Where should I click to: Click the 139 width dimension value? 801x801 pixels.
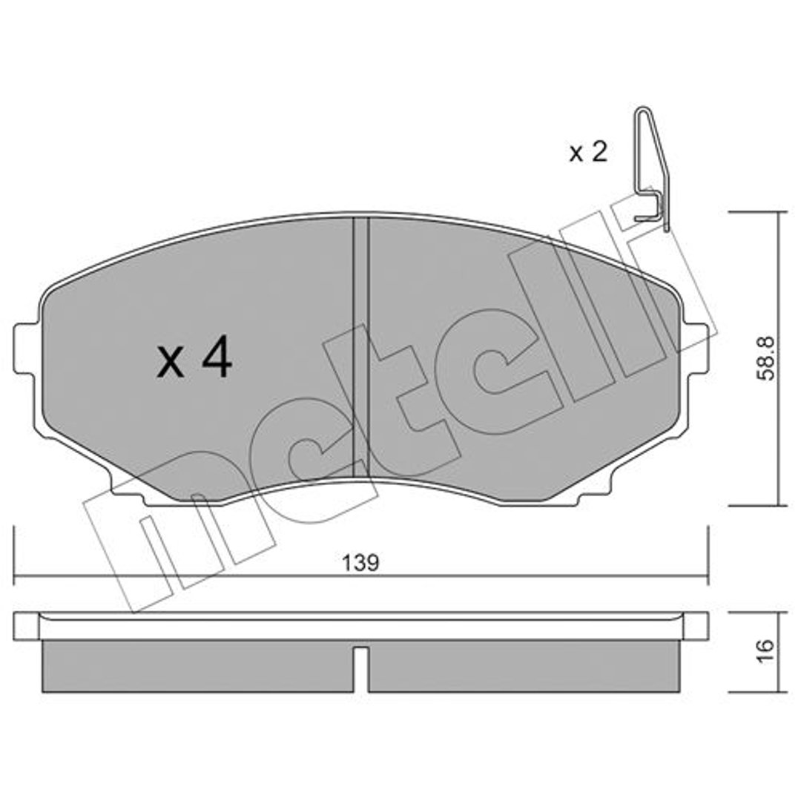pos(360,563)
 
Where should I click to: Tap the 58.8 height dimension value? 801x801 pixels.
pos(765,357)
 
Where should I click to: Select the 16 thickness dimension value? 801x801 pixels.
pos(765,651)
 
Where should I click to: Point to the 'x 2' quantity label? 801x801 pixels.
pos(588,152)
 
